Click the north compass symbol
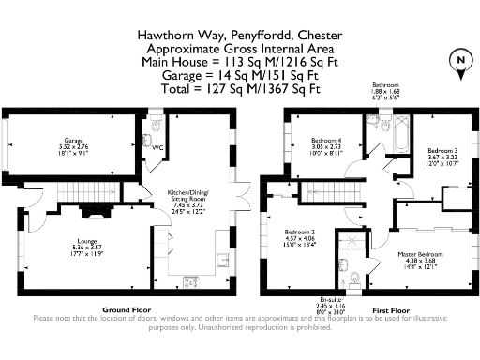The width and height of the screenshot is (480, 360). coord(460,61)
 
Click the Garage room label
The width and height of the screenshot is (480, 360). coord(74,143)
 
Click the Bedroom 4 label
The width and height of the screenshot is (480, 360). coord(326,145)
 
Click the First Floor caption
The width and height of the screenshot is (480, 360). coord(386,308)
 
